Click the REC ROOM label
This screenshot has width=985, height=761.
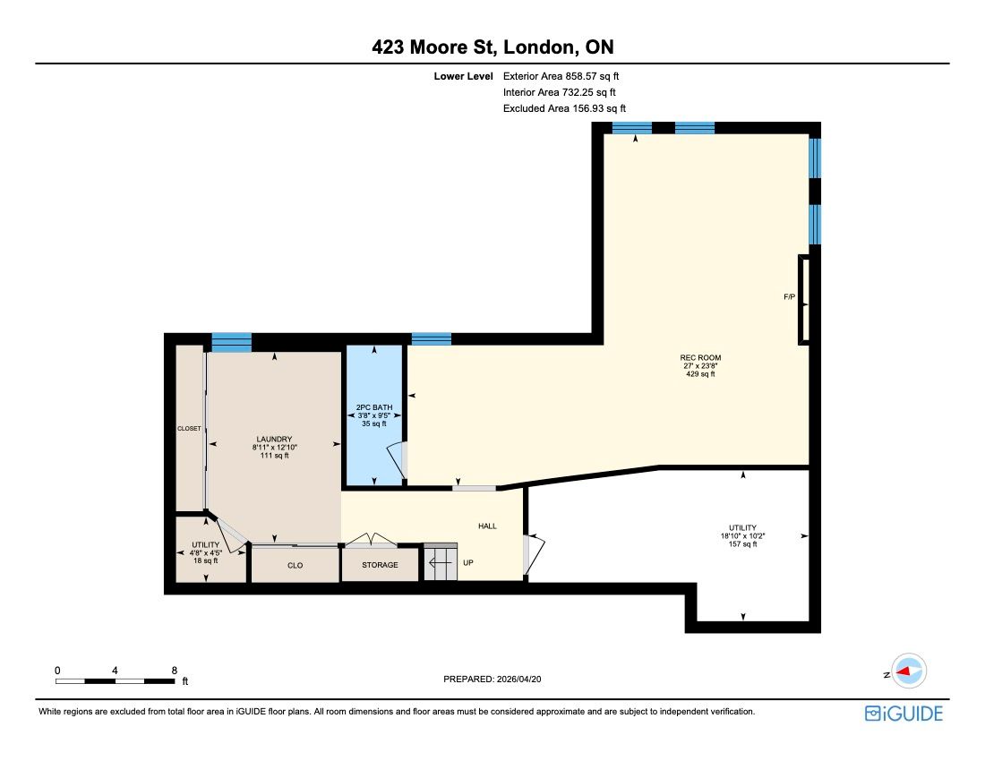tap(700, 357)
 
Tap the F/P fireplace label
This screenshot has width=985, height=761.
tap(789, 296)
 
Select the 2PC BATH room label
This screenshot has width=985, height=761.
tap(374, 406)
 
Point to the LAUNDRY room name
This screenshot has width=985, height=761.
tap(275, 439)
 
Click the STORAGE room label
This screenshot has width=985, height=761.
tap(380, 564)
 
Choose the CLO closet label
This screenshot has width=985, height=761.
tap(295, 565)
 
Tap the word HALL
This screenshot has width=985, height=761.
tap(487, 526)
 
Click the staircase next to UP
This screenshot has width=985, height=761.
tap(441, 561)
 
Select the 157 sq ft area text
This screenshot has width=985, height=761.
tap(742, 544)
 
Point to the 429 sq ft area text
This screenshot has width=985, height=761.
tap(700, 374)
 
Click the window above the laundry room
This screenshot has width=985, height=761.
tap(231, 342)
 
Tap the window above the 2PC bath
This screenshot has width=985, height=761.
tap(432, 339)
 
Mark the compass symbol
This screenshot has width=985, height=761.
tap(908, 671)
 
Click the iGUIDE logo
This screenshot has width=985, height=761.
tap(904, 714)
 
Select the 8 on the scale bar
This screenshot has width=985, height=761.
tap(174, 670)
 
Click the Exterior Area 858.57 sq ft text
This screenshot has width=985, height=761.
tap(561, 76)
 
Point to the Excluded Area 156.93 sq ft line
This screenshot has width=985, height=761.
tap(564, 108)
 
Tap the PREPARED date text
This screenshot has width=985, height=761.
tap(492, 679)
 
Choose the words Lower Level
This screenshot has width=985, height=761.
tap(464, 76)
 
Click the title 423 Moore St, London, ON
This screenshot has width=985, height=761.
tap(492, 47)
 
